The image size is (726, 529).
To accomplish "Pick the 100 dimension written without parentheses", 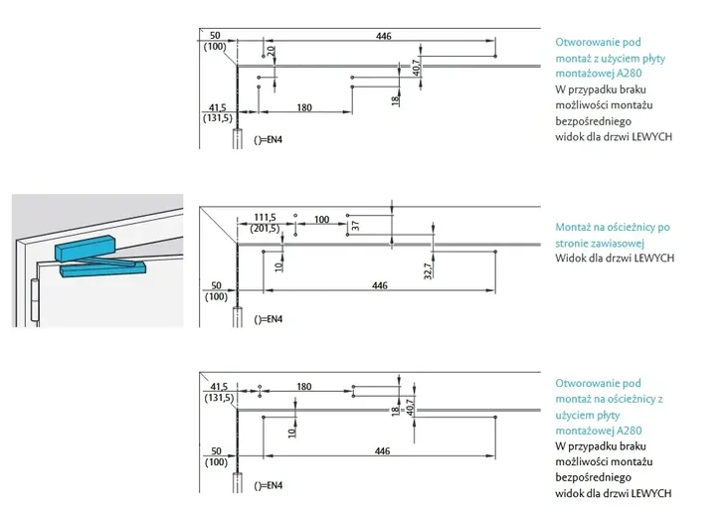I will pos(321,218).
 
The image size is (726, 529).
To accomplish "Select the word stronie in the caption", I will pos(574,242).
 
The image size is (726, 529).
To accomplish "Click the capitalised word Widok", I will pos(571,258).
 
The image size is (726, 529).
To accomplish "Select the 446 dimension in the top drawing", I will pos(384,36).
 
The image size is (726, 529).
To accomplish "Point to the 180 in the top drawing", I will pos(304,106).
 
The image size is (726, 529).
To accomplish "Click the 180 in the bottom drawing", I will pos(304,387).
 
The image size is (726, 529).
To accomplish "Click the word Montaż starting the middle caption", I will pos(573,227).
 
